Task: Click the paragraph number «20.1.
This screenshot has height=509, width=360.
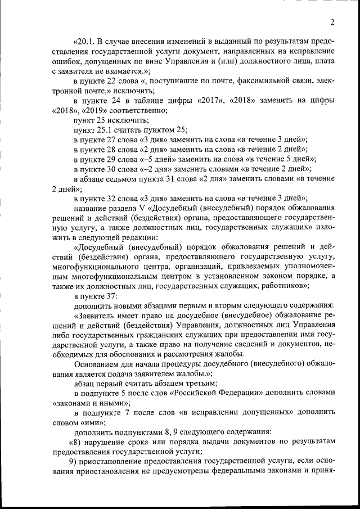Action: [x=85, y=42]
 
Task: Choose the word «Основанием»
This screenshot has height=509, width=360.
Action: [x=97, y=363]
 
